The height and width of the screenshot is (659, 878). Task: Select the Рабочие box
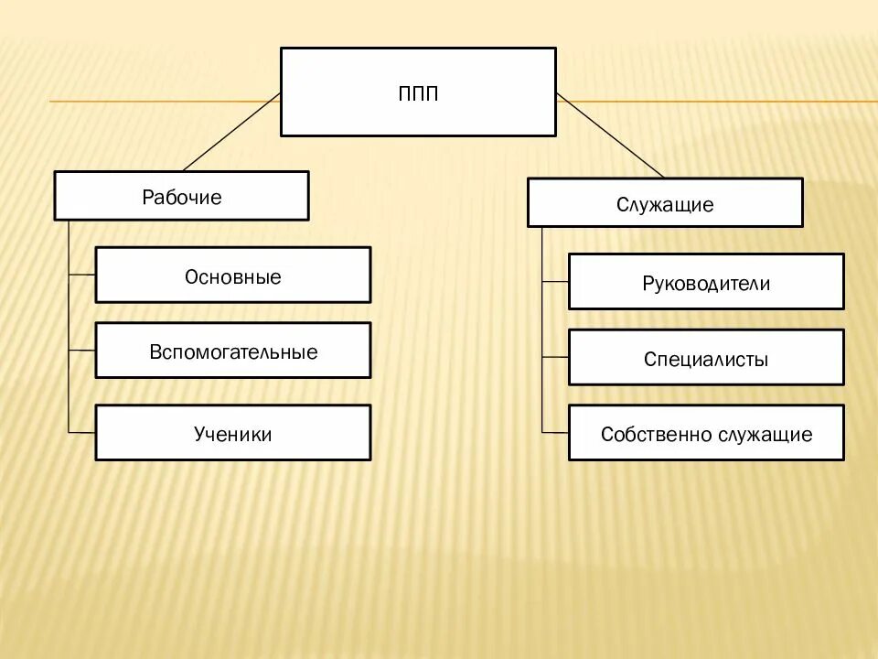(x=181, y=196)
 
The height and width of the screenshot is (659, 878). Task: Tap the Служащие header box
(x=665, y=202)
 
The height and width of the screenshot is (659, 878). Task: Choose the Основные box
(x=233, y=275)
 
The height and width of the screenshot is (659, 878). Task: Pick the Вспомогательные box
(x=233, y=350)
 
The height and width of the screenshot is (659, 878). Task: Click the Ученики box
(x=233, y=432)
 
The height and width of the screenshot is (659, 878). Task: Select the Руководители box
(x=706, y=282)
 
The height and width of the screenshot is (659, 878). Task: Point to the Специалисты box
(x=706, y=358)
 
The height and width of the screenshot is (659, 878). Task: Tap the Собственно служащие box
(x=706, y=433)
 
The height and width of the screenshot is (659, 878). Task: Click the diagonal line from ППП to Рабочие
(x=232, y=132)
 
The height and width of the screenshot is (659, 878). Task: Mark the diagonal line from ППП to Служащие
(x=609, y=135)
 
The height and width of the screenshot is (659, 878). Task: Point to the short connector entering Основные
(x=82, y=275)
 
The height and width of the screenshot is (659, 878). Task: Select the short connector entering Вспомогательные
(x=82, y=350)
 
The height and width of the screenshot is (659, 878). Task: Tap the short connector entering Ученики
(x=82, y=432)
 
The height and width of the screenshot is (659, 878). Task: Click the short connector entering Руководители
(x=555, y=282)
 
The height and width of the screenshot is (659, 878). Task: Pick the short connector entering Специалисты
(x=555, y=357)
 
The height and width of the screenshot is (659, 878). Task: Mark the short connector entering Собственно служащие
(x=555, y=432)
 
